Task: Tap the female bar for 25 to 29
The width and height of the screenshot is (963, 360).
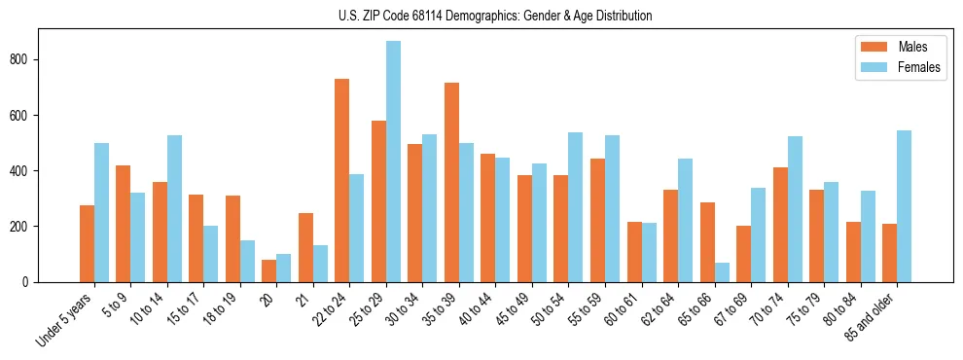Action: (x=393, y=162)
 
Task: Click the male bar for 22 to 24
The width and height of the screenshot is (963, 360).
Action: (x=342, y=180)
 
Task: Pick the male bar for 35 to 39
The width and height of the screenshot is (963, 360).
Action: (x=451, y=182)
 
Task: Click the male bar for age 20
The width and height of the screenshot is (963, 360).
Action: (x=268, y=270)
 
